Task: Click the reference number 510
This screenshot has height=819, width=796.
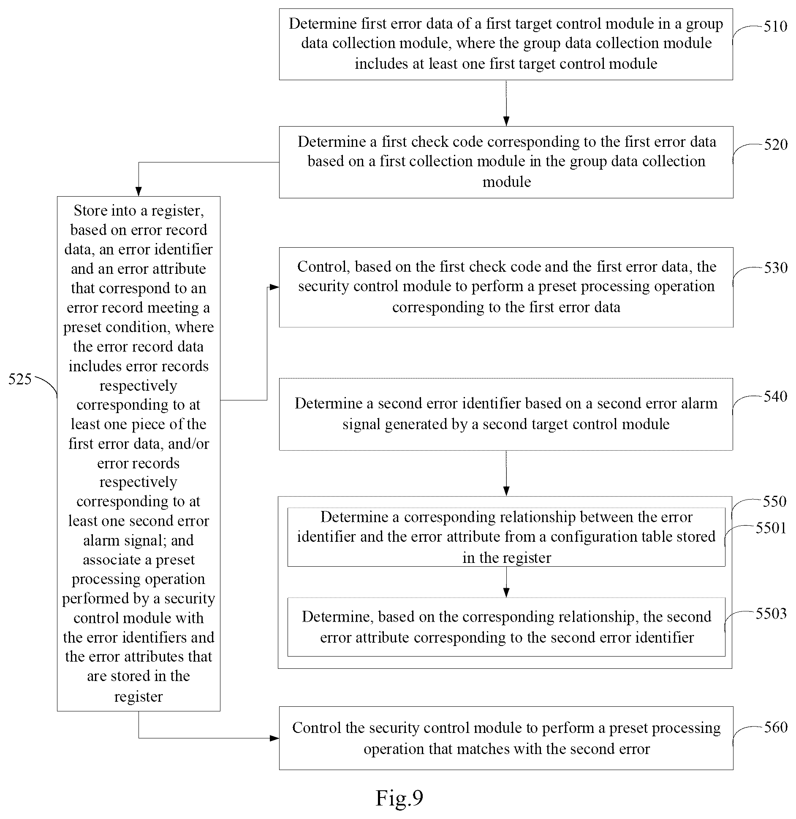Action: pos(775,27)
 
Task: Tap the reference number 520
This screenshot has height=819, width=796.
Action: pos(775,145)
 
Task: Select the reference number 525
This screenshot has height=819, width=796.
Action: pos(20,379)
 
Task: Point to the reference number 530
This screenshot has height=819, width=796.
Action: pos(775,268)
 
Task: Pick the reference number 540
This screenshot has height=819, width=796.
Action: pos(775,397)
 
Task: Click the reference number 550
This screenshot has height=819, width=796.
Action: pos(774,502)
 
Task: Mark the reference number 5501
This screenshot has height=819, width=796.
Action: pos(771,528)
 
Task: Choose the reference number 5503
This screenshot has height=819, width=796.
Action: pos(771,614)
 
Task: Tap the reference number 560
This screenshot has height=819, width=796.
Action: pos(775,727)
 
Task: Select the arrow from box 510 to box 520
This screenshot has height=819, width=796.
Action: pos(506,103)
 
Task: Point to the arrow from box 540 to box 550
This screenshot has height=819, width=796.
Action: pos(506,473)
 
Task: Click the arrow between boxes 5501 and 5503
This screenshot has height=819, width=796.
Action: pos(506,582)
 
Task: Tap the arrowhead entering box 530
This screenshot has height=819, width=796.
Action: pos(274,287)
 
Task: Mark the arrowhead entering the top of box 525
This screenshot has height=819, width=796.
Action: pos(139,192)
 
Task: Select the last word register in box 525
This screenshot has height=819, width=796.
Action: pos(139,697)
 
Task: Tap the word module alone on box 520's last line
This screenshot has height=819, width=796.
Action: pos(506,182)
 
